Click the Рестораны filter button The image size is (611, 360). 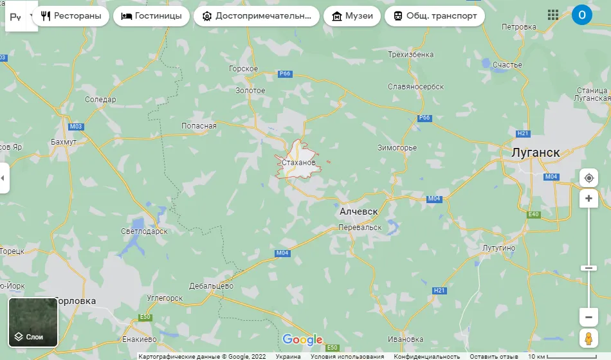pos(71,16)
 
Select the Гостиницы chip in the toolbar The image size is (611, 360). pos(151,16)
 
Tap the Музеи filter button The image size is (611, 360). pos(353,16)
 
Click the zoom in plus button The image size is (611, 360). pos(588,199)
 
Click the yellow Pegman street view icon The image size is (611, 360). pos(588,338)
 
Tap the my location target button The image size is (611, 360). pos(588,178)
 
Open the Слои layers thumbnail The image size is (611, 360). pos(33,322)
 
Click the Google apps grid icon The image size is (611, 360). pos(552,15)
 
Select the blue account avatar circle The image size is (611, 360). pos(581,15)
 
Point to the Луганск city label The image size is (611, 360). pos(535,153)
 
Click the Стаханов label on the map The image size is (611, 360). pos(298,163)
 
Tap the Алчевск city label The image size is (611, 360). pos(358,211)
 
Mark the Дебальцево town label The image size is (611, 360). pos(212,285)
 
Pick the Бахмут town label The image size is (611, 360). pos(64,141)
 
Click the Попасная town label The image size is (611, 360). pos(199,126)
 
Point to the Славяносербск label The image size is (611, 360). pos(416,86)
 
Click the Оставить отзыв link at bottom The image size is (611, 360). pos(494,356)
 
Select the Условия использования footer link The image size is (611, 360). pos(347,356)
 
